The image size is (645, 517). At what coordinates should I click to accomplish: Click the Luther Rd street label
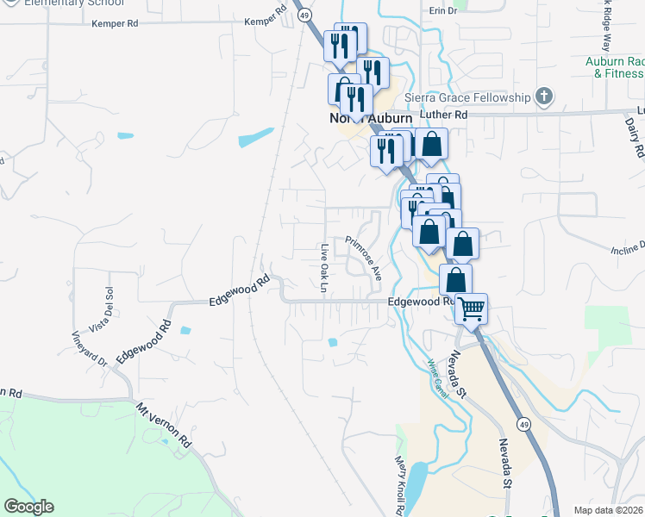coord(443,114)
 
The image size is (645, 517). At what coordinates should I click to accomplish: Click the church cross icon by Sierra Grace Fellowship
coord(543,97)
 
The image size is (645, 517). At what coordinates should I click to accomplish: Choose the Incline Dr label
coord(627,250)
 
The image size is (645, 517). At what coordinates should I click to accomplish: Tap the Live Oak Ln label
coord(324,267)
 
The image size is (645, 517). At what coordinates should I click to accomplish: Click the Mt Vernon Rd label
coord(163,425)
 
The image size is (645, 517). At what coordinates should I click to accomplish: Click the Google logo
coord(28,507)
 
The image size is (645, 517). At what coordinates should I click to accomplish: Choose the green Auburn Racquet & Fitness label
coord(614,68)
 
